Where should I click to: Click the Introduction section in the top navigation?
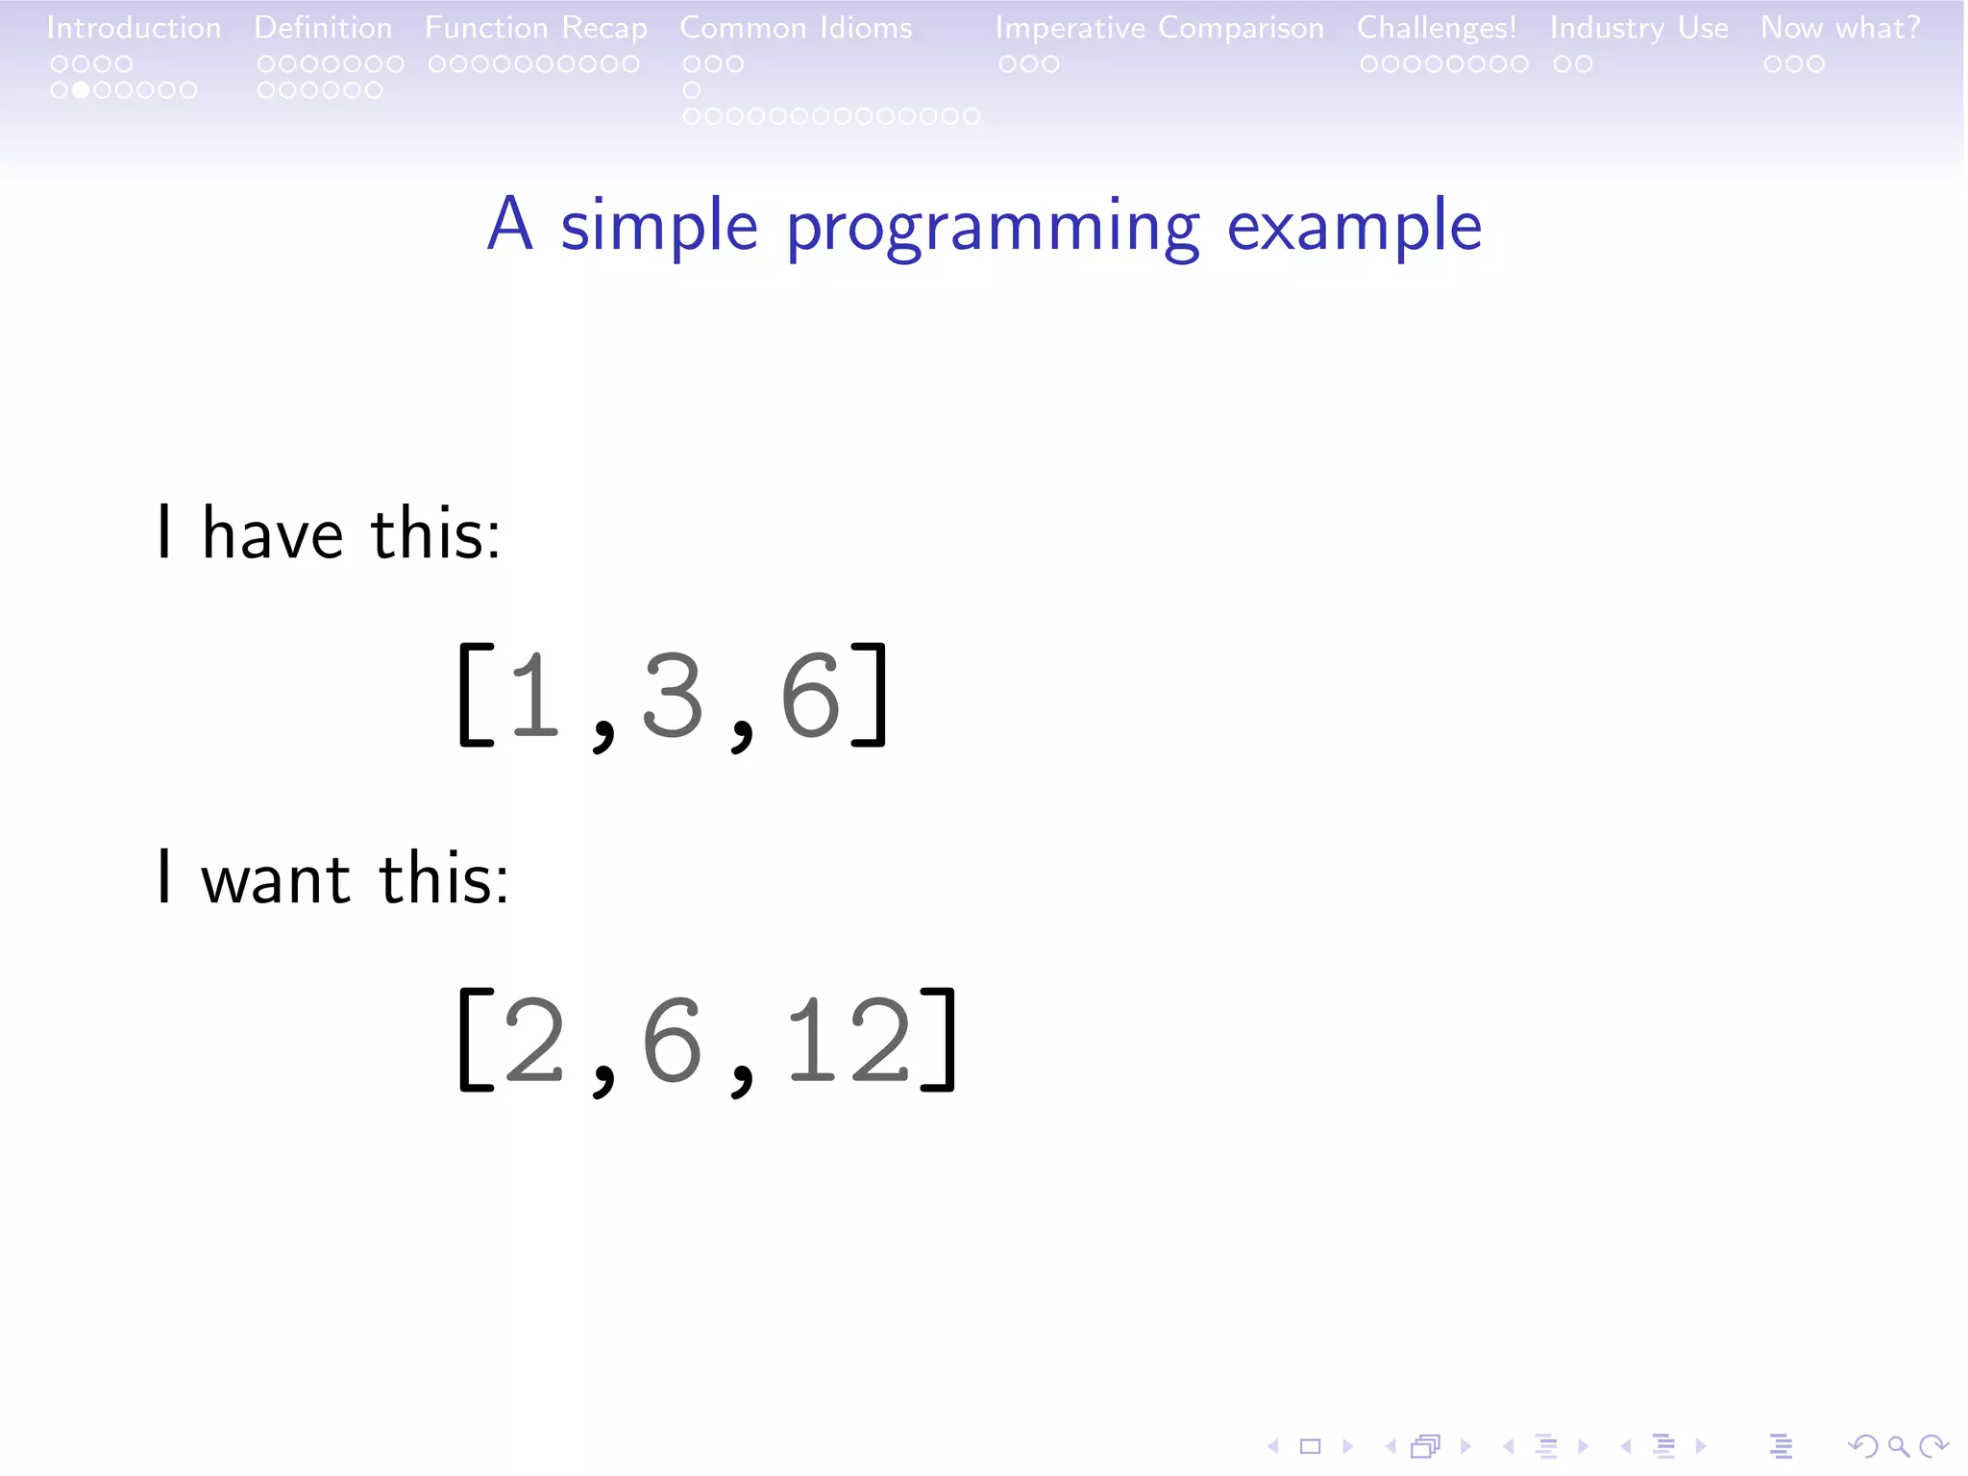[x=134, y=28]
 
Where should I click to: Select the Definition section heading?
[x=323, y=28]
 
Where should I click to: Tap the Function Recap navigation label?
[x=536, y=28]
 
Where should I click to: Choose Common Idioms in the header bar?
[x=796, y=28]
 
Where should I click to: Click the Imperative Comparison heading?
[x=1159, y=28]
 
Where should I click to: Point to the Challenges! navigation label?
[x=1437, y=28]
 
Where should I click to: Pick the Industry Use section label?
[x=1638, y=28]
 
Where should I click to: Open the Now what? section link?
[x=1840, y=28]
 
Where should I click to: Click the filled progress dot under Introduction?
[x=81, y=90]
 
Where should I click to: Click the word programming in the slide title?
[x=993, y=228]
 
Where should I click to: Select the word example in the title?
[x=1354, y=226]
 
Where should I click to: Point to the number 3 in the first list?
[x=672, y=696]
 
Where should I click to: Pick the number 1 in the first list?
[x=534, y=696]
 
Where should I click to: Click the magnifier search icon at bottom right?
[x=1898, y=1445]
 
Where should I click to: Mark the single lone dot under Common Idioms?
[x=692, y=90]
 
